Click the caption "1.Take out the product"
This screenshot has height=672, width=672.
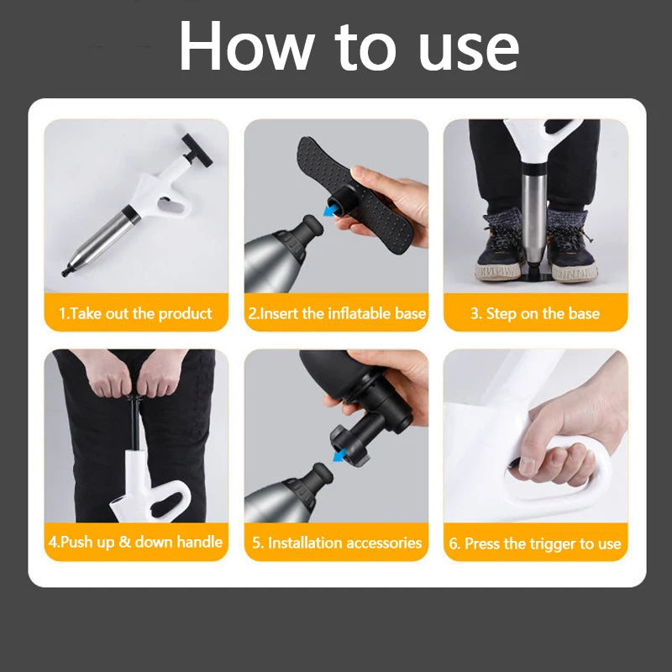(x=135, y=313)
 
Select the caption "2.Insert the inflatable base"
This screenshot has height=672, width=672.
(x=336, y=313)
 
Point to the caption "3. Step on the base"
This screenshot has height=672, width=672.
(x=535, y=313)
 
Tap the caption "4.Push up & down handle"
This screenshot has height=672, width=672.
(x=135, y=542)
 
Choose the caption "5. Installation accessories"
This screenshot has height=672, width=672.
(x=336, y=543)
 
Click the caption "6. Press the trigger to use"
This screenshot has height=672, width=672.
(x=535, y=543)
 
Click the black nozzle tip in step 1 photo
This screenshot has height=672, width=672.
(x=68, y=270)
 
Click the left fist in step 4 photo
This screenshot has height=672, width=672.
(x=110, y=378)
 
